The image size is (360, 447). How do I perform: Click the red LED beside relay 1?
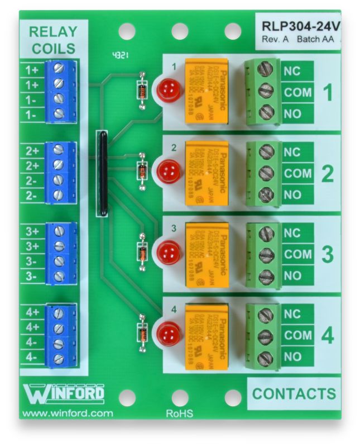(168, 90)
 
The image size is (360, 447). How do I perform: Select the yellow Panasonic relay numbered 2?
(207, 173)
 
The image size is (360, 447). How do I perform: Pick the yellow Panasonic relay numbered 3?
(207, 254)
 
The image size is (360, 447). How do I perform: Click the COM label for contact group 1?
(297, 93)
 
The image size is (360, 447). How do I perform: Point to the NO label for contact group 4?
(292, 356)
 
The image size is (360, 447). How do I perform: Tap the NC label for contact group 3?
(292, 233)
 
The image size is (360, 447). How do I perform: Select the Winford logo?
(63, 393)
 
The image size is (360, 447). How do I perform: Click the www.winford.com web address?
(66, 414)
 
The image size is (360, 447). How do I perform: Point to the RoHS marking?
(180, 414)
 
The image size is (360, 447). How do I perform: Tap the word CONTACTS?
(294, 393)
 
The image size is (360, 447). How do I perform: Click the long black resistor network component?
(102, 173)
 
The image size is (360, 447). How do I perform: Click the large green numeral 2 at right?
(328, 174)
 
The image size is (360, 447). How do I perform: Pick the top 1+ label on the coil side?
(32, 70)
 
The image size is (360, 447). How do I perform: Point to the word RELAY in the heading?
(54, 31)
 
